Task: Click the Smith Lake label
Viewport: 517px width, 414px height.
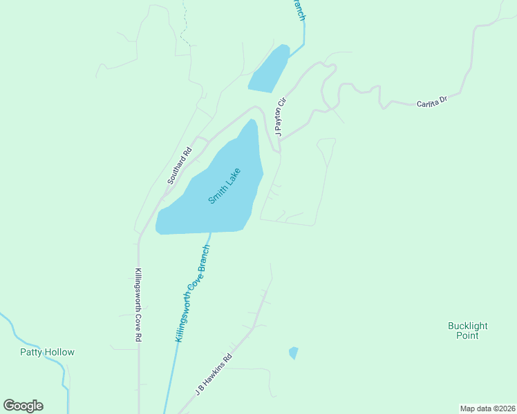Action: point(225,186)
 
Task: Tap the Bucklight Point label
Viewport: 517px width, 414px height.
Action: point(467,331)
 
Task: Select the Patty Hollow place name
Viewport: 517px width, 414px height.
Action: point(47,352)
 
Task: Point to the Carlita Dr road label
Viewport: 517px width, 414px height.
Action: point(432,102)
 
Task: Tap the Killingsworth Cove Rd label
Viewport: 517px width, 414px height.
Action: point(138,305)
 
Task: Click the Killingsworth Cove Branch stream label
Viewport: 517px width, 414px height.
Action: point(193,293)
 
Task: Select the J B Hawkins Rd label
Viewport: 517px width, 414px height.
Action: point(214,374)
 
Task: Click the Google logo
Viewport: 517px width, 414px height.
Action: point(23,406)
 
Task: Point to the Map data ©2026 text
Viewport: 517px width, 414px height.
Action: point(488,408)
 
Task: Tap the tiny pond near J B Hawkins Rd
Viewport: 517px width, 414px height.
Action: point(293,353)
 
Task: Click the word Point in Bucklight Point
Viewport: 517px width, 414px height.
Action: point(467,336)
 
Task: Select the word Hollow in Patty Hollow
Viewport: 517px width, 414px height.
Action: point(59,352)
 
